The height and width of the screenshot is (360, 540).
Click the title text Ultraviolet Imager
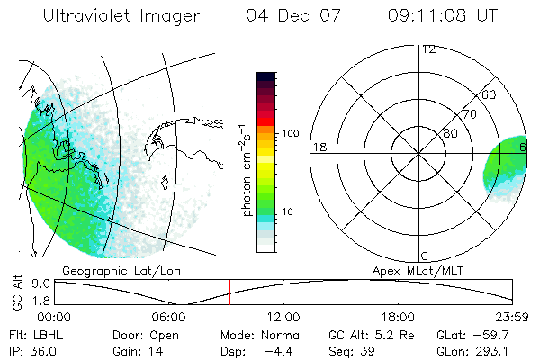(x=121, y=15)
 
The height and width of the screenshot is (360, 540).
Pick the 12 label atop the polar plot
(x=428, y=49)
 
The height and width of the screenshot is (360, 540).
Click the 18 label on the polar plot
(x=319, y=147)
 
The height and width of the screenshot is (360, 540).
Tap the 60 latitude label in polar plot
(x=490, y=94)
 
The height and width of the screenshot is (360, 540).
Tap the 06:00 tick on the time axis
(x=169, y=316)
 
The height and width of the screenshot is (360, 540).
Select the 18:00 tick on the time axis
(x=398, y=316)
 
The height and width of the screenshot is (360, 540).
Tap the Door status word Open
(x=163, y=334)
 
